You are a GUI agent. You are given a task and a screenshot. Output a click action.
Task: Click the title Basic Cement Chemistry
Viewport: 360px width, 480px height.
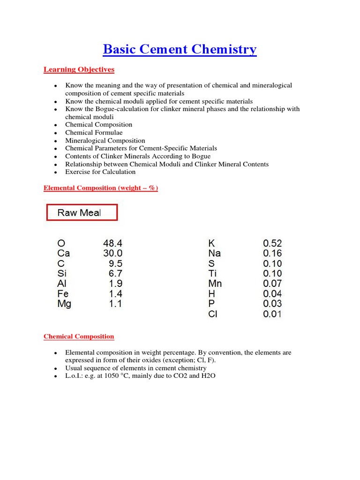pos(180,49)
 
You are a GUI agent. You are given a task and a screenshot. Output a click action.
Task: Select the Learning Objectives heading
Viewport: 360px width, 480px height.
pos(79,70)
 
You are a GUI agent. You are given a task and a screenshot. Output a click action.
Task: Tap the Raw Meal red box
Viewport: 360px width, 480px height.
pos(82,212)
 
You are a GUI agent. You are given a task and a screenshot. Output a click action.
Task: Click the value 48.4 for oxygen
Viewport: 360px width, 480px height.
pos(113,243)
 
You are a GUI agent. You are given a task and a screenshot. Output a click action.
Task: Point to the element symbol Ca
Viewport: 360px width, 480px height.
pos(63,254)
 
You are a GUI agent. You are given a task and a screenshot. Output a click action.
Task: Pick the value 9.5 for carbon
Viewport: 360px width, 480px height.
pos(115,263)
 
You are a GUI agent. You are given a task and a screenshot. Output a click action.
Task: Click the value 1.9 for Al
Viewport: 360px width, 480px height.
pos(115,284)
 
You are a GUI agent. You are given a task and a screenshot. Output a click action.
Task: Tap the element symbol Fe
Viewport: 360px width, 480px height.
pos(63,294)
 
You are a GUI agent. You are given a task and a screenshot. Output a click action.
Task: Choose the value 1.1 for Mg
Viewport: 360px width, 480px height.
pos(115,304)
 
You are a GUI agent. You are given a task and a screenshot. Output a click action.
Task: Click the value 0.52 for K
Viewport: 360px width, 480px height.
pos(272,243)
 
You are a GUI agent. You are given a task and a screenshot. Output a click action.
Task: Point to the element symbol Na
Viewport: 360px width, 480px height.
pos(214,254)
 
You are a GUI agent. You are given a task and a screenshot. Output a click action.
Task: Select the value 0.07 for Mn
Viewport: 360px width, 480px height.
pos(272,284)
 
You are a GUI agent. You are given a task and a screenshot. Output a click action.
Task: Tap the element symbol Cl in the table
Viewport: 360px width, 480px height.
pos(213,314)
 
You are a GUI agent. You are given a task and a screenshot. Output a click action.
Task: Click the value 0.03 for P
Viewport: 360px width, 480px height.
pos(272,304)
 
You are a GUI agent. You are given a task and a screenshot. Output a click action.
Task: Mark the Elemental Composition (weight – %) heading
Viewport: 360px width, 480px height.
pos(101,188)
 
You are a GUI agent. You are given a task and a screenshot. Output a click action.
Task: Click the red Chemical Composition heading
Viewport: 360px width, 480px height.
pos(79,337)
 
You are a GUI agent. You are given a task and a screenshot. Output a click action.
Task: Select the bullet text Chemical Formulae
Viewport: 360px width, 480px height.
pos(94,133)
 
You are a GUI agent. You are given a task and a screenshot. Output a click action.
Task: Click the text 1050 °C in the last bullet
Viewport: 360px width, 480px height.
pos(114,376)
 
